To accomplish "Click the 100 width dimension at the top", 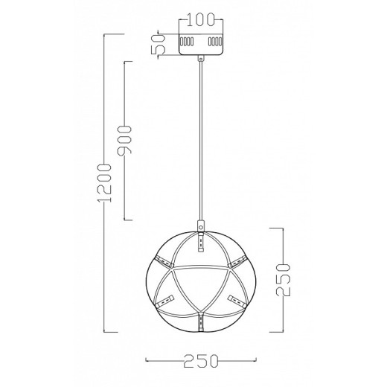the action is click(x=200, y=19).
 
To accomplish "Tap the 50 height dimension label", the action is click(x=159, y=45).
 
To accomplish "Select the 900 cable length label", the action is click(x=124, y=141).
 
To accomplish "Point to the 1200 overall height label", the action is click(x=105, y=183).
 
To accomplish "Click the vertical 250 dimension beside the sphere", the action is click(x=283, y=280).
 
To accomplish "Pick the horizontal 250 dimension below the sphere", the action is click(x=200, y=361).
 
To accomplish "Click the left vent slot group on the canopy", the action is click(x=187, y=42).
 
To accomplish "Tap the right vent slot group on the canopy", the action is click(x=215, y=42).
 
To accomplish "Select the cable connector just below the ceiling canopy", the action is click(x=201, y=59).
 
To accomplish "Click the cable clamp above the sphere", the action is click(x=201, y=226).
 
